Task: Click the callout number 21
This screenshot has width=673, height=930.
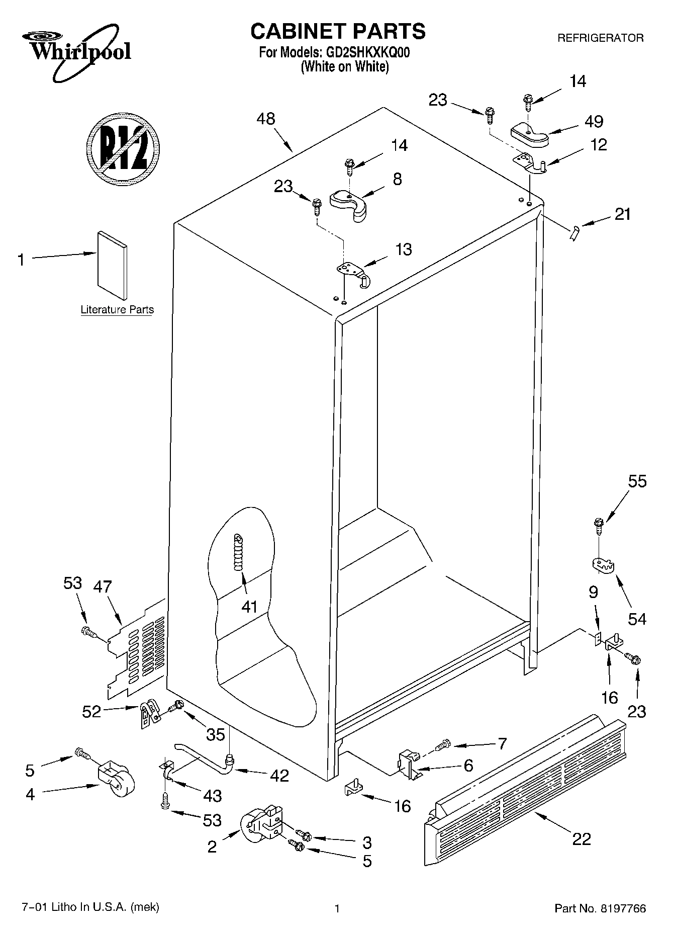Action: tap(622, 214)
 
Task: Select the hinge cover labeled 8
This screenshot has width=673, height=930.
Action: tap(349, 203)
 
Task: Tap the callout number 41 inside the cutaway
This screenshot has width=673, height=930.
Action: tap(249, 607)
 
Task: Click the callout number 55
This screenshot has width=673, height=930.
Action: tap(637, 481)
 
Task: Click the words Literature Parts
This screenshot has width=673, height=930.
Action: tap(117, 310)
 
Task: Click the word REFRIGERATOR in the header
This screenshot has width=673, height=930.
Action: tap(600, 38)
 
